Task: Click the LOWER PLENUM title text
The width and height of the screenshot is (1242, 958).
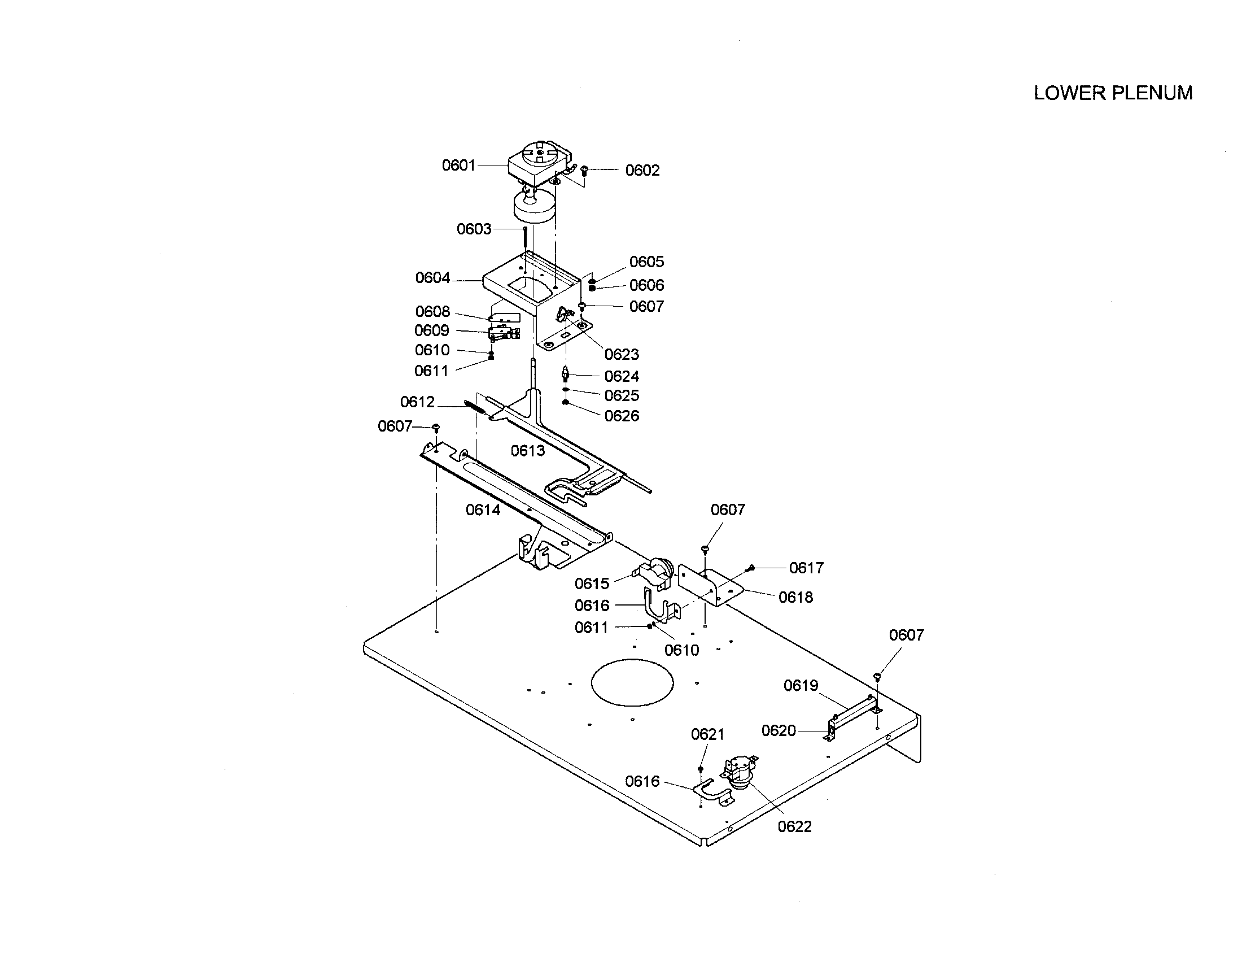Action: [x=1112, y=93]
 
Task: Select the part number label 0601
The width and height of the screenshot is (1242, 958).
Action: [x=458, y=166]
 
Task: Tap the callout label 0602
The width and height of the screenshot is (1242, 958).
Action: [x=642, y=171]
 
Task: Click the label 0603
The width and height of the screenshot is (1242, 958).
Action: [x=474, y=229]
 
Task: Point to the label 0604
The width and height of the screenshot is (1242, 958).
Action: [x=432, y=278]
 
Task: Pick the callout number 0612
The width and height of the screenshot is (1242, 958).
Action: [x=417, y=402]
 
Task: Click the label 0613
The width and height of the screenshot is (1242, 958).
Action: [x=527, y=451]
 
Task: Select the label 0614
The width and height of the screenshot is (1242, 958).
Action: [x=483, y=510]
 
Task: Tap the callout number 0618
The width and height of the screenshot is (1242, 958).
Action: [x=795, y=597]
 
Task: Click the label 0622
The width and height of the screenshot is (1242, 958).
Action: [x=794, y=827]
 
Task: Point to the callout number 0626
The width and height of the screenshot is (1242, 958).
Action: [x=622, y=416]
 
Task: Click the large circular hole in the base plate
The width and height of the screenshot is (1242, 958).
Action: [x=632, y=683]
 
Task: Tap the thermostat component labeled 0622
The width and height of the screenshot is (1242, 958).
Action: [x=740, y=774]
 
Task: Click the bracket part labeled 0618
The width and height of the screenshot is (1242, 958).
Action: [x=711, y=586]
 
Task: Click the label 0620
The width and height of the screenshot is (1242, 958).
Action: [x=778, y=731]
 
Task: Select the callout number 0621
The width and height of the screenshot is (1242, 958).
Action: [x=707, y=735]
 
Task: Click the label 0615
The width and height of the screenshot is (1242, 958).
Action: [x=592, y=583]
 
